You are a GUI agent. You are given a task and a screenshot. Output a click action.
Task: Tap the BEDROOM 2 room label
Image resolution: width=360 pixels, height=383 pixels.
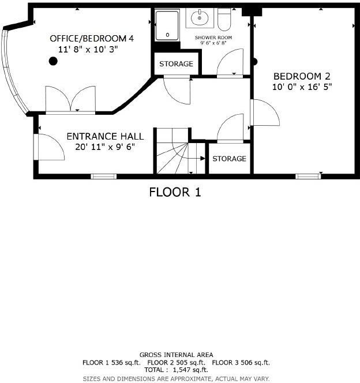click(302, 76)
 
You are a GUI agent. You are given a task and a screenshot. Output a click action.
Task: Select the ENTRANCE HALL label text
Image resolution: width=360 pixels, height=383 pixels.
click(105, 136)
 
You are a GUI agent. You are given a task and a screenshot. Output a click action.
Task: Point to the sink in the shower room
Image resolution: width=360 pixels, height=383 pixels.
click(200, 17)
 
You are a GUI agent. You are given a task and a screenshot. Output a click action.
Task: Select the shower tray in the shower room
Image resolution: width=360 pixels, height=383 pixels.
click(168, 25)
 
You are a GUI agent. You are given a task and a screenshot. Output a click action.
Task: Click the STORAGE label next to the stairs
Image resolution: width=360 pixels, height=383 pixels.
click(229, 159)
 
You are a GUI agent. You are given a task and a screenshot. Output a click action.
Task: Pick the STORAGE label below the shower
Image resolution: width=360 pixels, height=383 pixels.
click(176, 63)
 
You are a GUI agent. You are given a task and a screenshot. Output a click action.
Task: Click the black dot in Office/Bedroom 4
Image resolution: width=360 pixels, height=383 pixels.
click(53, 61)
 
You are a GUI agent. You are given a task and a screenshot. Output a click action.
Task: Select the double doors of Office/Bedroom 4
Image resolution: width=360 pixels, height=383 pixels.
click(70, 100)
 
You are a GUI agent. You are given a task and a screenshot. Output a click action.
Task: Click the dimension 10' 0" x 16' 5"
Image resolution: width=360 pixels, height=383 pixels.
click(302, 87)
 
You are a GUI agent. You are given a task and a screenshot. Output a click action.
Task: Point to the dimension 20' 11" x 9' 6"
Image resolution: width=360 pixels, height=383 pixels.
click(105, 147)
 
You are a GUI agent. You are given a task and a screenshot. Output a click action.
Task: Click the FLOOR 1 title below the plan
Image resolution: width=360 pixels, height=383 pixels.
click(175, 192)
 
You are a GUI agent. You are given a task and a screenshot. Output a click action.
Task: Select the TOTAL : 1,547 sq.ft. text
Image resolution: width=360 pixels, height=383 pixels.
click(176, 370)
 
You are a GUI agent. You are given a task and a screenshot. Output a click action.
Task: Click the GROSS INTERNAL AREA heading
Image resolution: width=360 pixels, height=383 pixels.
click(176, 355)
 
